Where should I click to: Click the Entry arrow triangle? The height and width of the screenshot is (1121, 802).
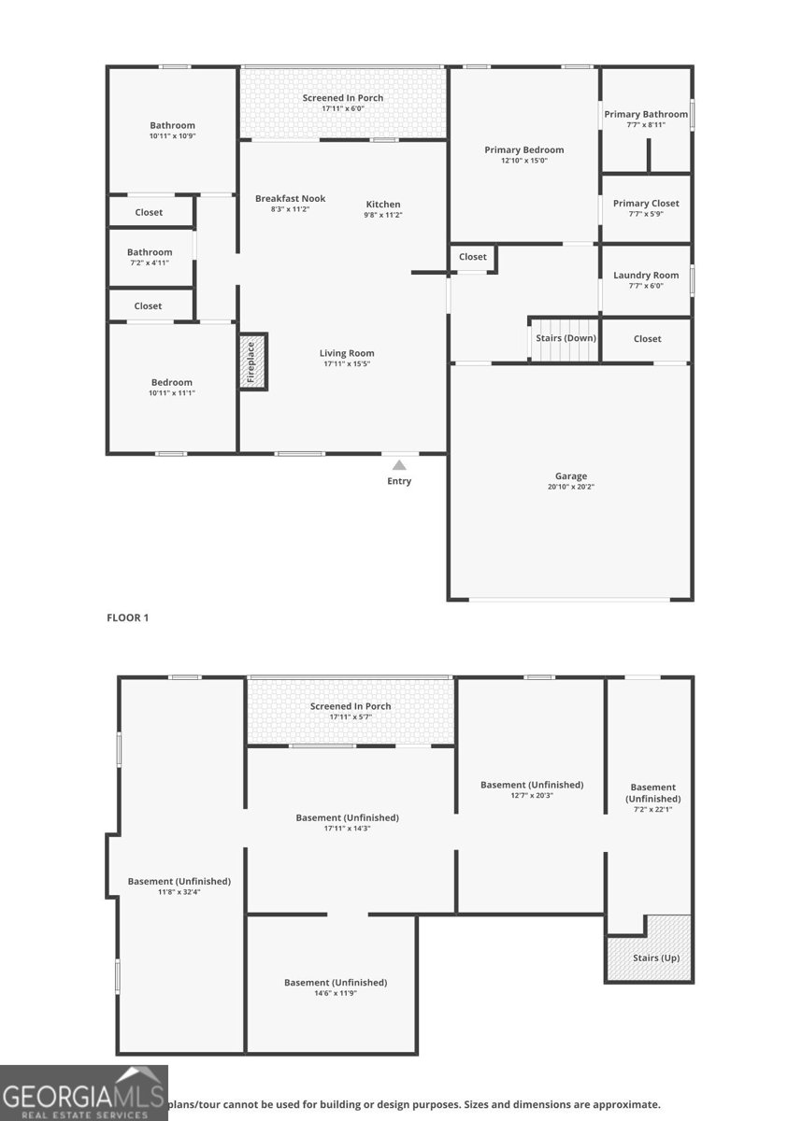pyautogui.click(x=399, y=464)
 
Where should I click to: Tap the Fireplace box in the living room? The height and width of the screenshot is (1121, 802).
pyautogui.click(x=252, y=362)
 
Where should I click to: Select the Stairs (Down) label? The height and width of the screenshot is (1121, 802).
pyautogui.click(x=566, y=338)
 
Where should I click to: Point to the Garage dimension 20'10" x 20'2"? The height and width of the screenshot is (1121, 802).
pyautogui.click(x=570, y=488)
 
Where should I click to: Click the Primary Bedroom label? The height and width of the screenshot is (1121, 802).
pyautogui.click(x=523, y=149)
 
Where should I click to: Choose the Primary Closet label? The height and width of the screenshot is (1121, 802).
pyautogui.click(x=646, y=204)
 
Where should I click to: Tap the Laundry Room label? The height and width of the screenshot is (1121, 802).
pyautogui.click(x=646, y=276)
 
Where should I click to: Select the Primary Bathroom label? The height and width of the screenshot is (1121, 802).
pyautogui.click(x=646, y=114)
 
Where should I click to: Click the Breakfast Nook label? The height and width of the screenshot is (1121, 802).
pyautogui.click(x=290, y=198)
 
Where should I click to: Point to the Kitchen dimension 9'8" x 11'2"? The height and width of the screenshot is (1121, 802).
pyautogui.click(x=382, y=216)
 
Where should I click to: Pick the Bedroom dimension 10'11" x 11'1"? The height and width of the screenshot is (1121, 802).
pyautogui.click(x=172, y=393)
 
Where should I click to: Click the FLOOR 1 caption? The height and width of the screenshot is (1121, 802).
pyautogui.click(x=128, y=617)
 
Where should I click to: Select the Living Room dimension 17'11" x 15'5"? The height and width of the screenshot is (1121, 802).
pyautogui.click(x=347, y=364)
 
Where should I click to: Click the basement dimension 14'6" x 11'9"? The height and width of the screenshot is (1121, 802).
pyautogui.click(x=336, y=993)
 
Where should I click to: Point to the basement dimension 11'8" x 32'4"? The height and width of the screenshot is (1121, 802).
pyautogui.click(x=179, y=892)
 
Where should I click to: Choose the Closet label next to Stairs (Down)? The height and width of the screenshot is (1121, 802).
pyautogui.click(x=647, y=339)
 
